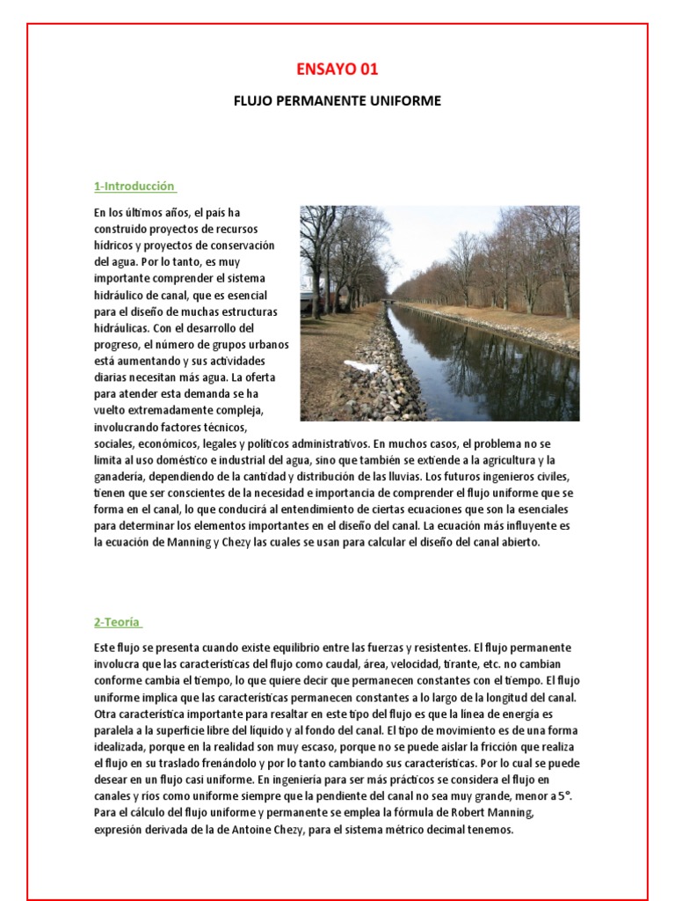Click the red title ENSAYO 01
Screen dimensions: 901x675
[x=337, y=70]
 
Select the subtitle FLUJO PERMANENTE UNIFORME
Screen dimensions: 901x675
[x=337, y=101]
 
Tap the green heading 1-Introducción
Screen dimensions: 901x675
[x=134, y=187]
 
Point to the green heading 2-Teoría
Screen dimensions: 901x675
[x=118, y=622]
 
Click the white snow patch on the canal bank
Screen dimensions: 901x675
[x=360, y=366]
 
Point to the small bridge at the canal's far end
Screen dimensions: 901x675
[x=388, y=302]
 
